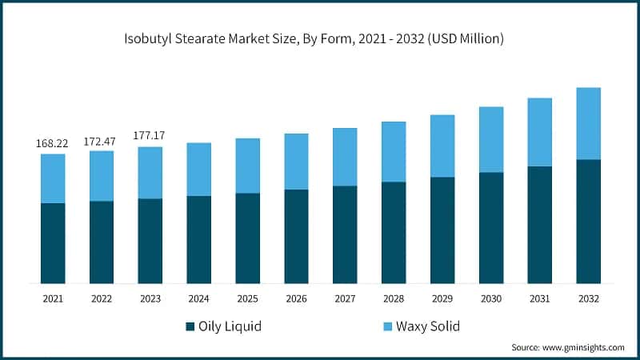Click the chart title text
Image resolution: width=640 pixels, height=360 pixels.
coord(320,38)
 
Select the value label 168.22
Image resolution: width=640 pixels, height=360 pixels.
coord(52,143)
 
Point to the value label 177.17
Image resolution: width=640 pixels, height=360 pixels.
coord(150,135)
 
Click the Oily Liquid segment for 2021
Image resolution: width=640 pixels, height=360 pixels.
coord(53,243)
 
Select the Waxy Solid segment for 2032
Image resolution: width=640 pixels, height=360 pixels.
coord(588,123)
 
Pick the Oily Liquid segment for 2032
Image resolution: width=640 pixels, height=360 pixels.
coord(588,222)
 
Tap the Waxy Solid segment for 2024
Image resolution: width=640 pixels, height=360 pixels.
coord(198,169)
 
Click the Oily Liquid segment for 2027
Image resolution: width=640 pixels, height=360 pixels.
coord(345,234)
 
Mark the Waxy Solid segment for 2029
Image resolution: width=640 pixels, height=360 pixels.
coord(442,146)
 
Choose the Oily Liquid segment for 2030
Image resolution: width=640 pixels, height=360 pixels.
coord(491,228)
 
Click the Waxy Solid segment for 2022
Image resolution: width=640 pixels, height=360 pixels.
coord(101,176)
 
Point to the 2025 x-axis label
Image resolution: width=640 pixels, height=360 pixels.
coord(247,298)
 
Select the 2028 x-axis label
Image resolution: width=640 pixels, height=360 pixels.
coord(394,298)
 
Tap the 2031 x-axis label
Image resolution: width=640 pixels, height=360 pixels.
coord(540,298)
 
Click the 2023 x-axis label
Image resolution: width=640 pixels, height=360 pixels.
coord(150,298)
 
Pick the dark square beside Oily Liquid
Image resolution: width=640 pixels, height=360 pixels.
coord(190,326)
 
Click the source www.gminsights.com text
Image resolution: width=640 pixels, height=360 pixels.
coord(568,347)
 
